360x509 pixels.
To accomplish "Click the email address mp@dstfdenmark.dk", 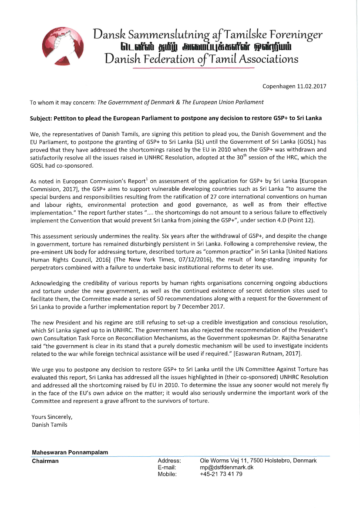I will (x=226, y=467).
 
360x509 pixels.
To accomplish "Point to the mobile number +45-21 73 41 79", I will (x=221, y=474).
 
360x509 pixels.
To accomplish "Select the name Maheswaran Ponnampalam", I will (x=70, y=452).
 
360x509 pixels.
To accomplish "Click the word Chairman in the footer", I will (x=45, y=461).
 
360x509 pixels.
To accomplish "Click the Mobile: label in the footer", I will (x=167, y=474).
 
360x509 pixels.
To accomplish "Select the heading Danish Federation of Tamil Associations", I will (x=202, y=59).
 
